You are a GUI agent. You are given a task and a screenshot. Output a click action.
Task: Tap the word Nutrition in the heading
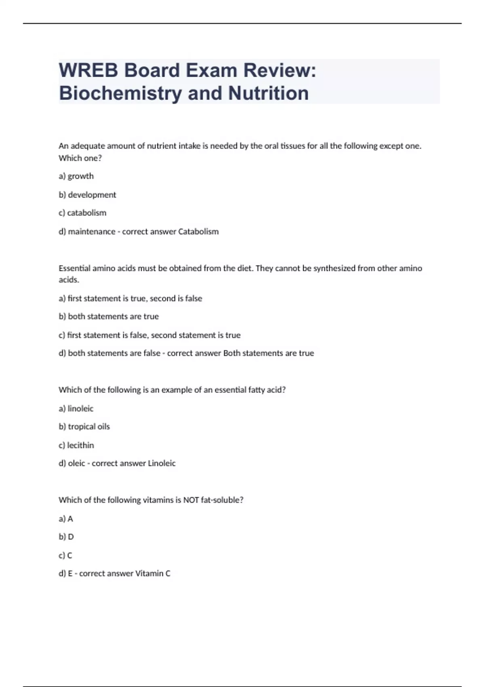pyautogui.click(x=268, y=93)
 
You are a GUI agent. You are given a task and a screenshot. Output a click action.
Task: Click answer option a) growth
pyautogui.click(x=76, y=176)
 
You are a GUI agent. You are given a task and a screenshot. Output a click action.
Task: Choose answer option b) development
pyautogui.click(x=87, y=195)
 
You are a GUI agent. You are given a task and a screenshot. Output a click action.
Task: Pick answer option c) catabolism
pyautogui.click(x=82, y=213)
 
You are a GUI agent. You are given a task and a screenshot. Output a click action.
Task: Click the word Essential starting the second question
pyautogui.click(x=74, y=268)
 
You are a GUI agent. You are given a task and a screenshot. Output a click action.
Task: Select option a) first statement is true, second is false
pyautogui.click(x=130, y=299)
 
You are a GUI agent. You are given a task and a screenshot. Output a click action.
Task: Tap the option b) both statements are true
pyautogui.click(x=108, y=316)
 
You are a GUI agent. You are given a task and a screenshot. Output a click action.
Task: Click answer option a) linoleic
pyautogui.click(x=76, y=409)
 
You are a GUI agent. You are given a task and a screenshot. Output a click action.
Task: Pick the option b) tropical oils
pyautogui.click(x=84, y=427)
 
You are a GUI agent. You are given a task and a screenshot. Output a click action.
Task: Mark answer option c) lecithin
pyautogui.click(x=76, y=445)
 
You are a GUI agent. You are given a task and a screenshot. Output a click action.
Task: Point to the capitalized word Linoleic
pyautogui.click(x=162, y=464)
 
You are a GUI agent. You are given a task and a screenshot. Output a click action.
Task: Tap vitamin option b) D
pyautogui.click(x=66, y=537)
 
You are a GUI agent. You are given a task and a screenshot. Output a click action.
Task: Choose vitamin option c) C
pyautogui.click(x=65, y=556)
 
